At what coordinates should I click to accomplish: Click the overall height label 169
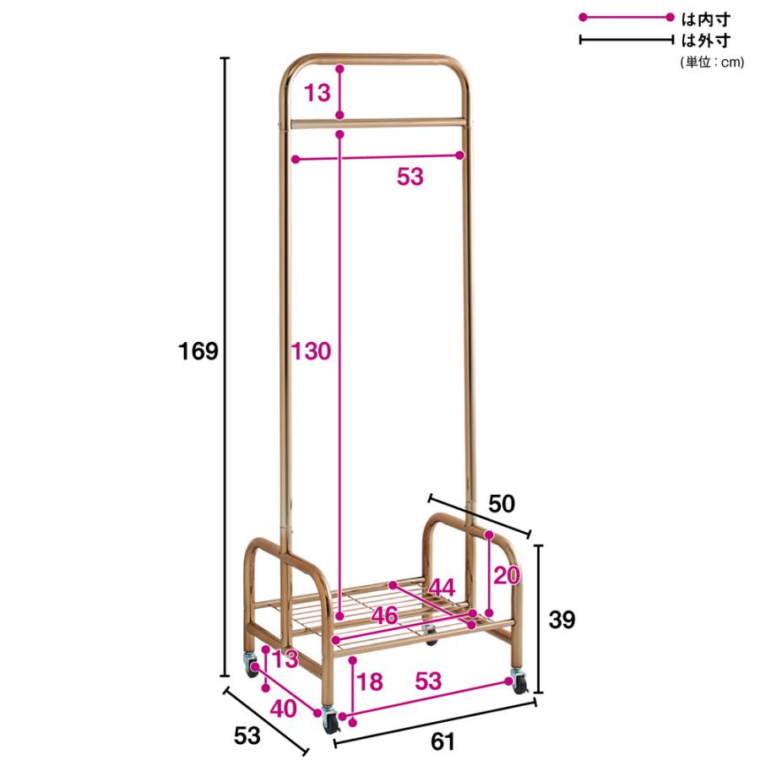pos(198,351)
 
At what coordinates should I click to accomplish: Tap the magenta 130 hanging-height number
pos(311,351)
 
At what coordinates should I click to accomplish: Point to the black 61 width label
pos(443,741)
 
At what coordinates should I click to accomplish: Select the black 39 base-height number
pos(562,620)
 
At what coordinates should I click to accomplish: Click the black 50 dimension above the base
pos(501,504)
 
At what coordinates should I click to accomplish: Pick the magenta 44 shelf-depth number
pos(442,588)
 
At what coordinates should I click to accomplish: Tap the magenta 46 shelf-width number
pos(384,616)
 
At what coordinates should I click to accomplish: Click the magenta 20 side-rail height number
pos(507,575)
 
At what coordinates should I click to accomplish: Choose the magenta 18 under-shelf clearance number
pos(370,681)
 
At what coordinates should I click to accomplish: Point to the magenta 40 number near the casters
pos(283,709)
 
